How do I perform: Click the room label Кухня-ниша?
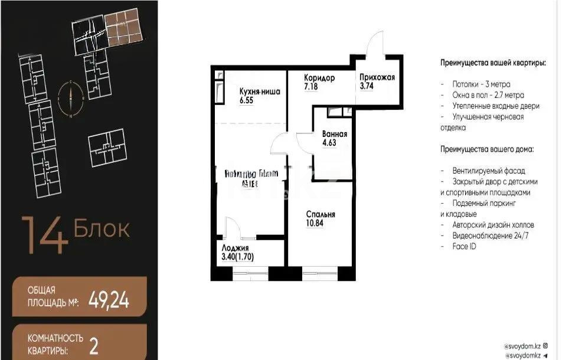260,91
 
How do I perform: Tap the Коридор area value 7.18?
312,87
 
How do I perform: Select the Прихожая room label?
377,77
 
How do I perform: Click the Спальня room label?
321,214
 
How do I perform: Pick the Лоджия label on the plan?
235,248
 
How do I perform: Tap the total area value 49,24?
109,301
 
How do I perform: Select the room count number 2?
93,345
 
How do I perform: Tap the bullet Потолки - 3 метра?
481,84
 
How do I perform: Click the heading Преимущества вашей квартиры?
493,63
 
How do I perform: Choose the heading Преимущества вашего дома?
486,149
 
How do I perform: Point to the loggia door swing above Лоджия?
232,227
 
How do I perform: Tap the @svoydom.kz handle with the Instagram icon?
525,345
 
